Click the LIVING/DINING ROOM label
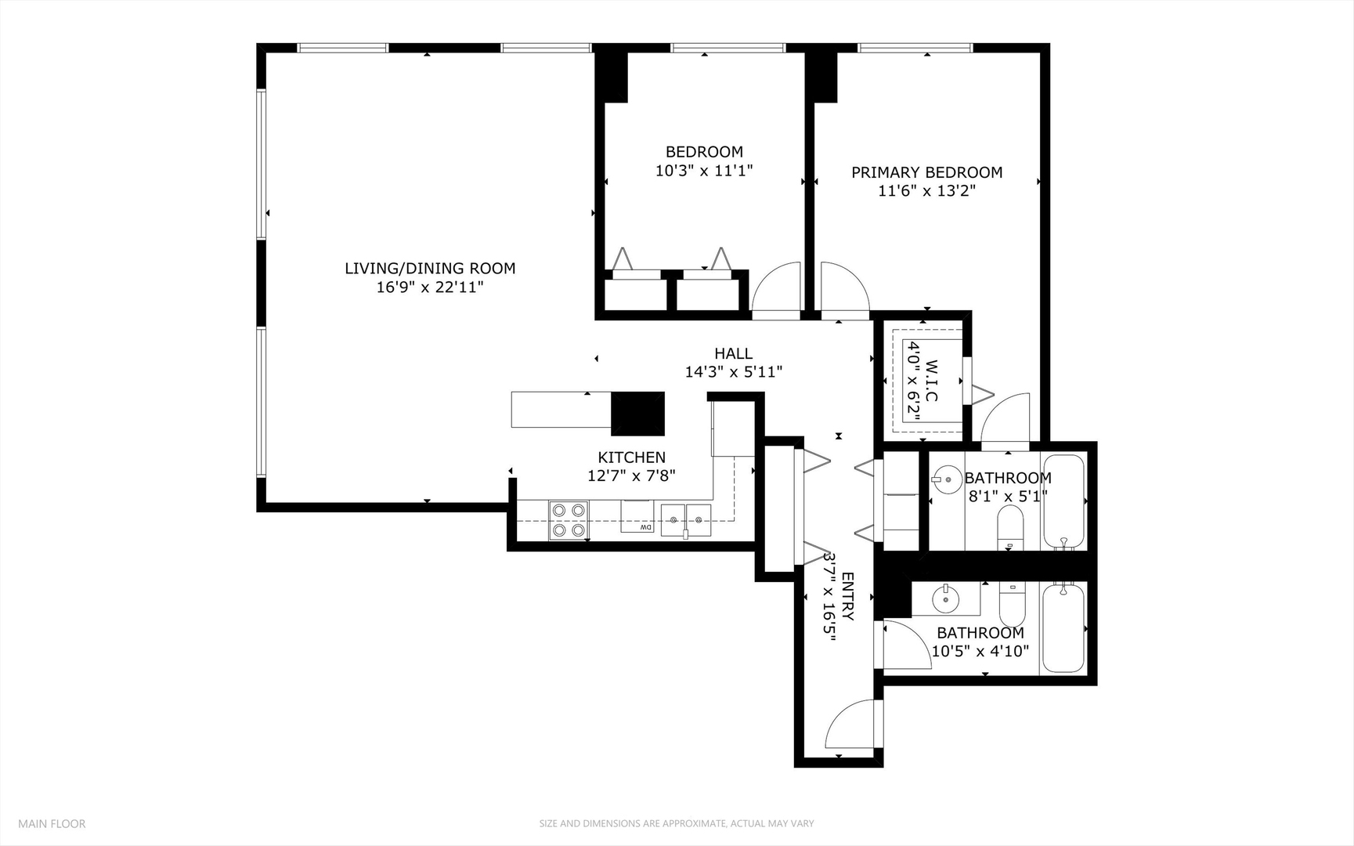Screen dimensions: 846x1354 (x=430, y=268)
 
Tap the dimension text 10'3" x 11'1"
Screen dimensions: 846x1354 (x=703, y=170)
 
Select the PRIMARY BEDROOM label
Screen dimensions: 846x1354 (x=926, y=172)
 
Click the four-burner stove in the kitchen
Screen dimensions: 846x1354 (x=569, y=520)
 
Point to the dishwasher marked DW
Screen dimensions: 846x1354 (x=637, y=517)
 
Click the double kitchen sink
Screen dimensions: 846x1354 (x=685, y=519)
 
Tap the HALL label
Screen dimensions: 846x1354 (x=733, y=353)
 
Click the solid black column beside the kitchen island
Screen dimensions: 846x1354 (x=637, y=413)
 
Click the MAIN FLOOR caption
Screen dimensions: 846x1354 (x=52, y=823)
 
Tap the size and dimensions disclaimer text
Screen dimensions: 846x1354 (x=676, y=823)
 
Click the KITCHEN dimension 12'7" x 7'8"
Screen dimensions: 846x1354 (x=631, y=475)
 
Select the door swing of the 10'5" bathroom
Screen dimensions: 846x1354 (x=906, y=644)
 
